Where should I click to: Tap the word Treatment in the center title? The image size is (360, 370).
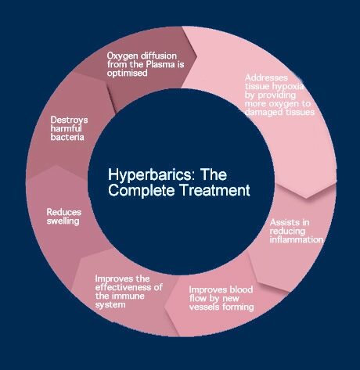(x=215, y=190)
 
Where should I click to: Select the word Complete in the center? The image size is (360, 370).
(x=142, y=190)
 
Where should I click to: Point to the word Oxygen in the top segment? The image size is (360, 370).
(x=122, y=56)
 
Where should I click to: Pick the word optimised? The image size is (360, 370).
(x=128, y=74)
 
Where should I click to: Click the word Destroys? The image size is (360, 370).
(x=69, y=120)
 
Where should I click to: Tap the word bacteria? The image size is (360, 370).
(x=67, y=137)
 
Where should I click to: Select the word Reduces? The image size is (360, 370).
(x=64, y=212)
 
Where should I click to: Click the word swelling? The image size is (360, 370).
(x=63, y=221)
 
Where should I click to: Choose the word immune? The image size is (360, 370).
(x=128, y=296)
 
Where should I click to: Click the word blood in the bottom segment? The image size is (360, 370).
(x=240, y=289)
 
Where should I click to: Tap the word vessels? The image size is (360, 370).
(x=204, y=307)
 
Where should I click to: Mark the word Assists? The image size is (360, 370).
(x=284, y=222)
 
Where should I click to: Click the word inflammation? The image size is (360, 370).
(x=297, y=239)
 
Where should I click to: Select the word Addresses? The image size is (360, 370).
(x=266, y=77)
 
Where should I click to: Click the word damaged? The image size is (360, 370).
(x=264, y=113)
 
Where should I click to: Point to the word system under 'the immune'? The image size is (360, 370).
(x=110, y=305)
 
